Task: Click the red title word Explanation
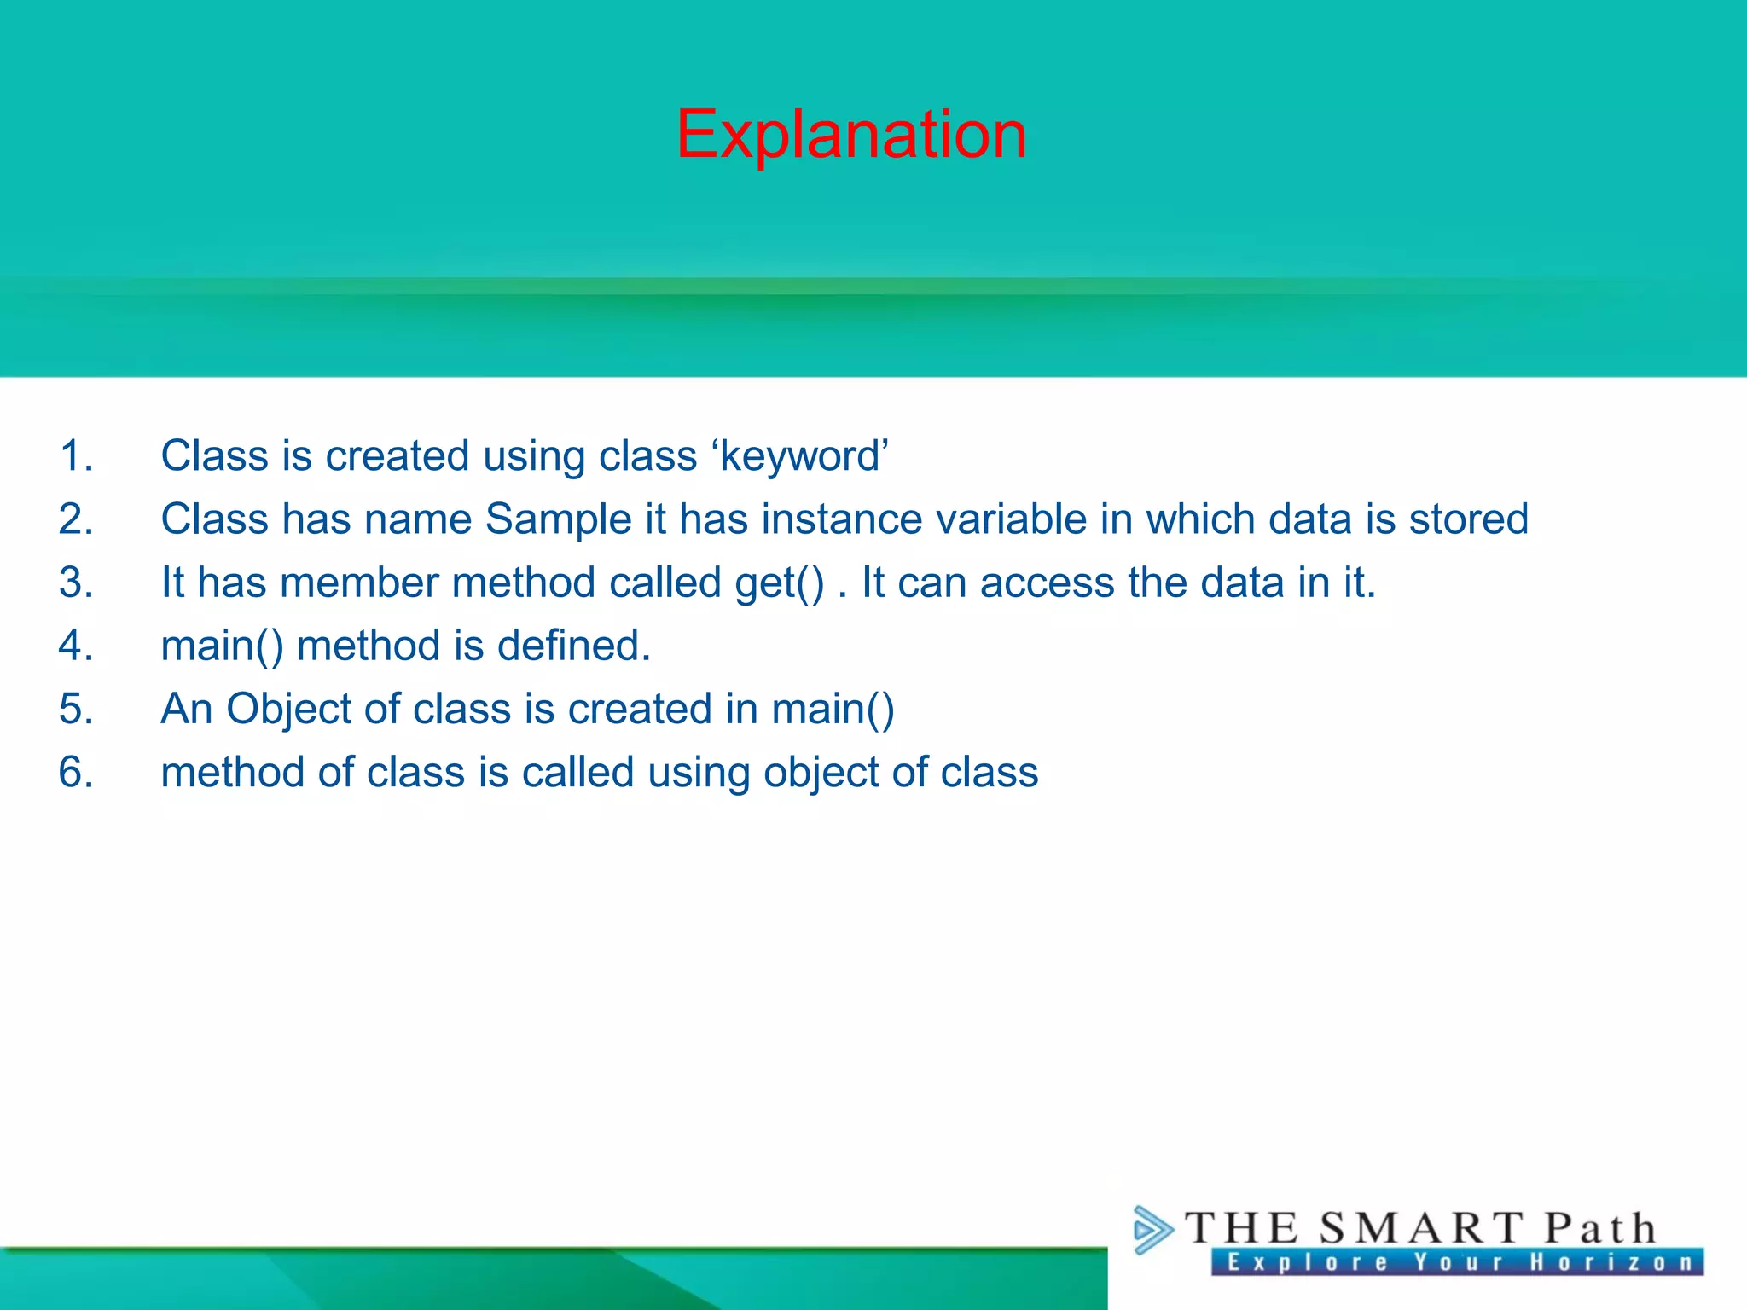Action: (851, 135)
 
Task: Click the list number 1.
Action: (75, 455)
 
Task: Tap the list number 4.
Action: (75, 646)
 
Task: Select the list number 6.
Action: (75, 773)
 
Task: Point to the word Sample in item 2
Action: (558, 520)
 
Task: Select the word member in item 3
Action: (359, 583)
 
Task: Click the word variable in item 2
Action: (1011, 519)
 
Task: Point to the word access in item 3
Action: (1047, 583)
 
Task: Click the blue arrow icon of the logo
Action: (1152, 1230)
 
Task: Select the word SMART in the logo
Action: (1421, 1229)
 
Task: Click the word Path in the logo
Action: (1600, 1229)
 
